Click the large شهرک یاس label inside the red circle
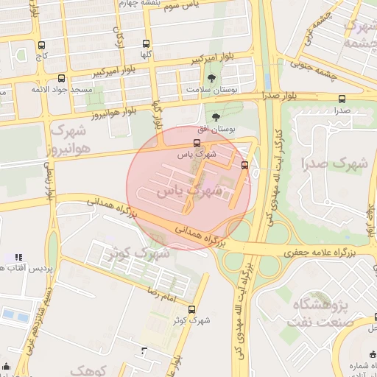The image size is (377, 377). [188, 190]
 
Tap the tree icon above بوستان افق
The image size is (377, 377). [216, 117]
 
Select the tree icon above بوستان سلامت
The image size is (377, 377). [213, 77]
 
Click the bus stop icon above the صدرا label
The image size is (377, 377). [341, 99]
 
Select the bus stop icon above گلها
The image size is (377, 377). [146, 44]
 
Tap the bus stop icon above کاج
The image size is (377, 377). [40, 45]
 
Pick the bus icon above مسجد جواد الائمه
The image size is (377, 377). [60, 78]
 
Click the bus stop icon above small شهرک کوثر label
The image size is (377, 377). [191, 309]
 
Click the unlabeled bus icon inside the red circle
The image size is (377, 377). [244, 165]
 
